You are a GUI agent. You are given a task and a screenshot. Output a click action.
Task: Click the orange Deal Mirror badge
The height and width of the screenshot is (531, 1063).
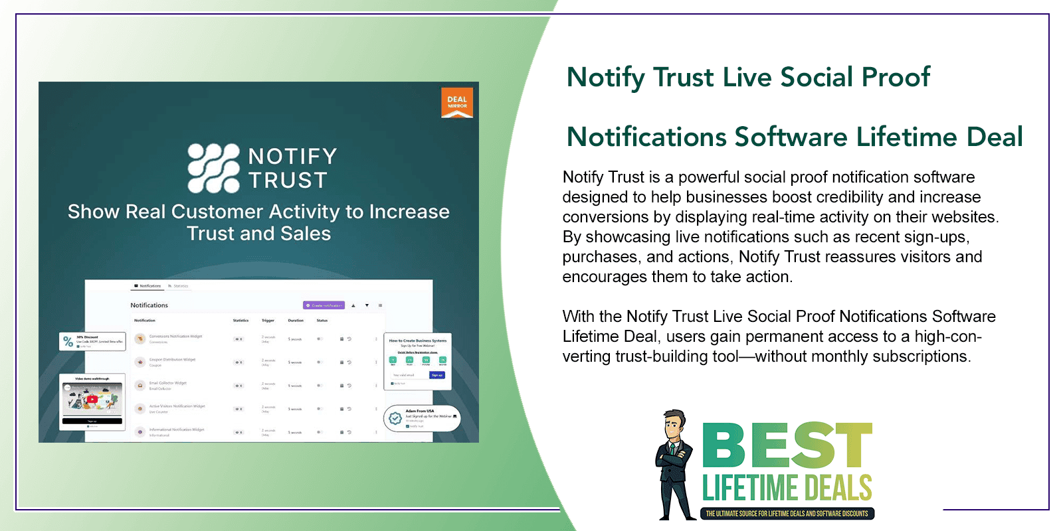pyautogui.click(x=457, y=103)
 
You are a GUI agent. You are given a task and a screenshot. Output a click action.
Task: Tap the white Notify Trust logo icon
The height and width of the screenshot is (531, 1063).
pyautogui.click(x=213, y=168)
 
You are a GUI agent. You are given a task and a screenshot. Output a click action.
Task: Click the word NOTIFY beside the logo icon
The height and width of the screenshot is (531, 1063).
pyautogui.click(x=292, y=157)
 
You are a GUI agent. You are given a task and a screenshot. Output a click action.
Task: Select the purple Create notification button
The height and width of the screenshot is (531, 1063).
pyautogui.click(x=324, y=305)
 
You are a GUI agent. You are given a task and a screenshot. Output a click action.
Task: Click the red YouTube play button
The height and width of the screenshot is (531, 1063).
pyautogui.click(x=92, y=400)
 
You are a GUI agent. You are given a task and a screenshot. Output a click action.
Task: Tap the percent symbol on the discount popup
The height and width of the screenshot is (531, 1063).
pyautogui.click(x=68, y=342)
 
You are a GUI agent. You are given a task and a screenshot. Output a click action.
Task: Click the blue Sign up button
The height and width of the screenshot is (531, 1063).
pyautogui.click(x=436, y=375)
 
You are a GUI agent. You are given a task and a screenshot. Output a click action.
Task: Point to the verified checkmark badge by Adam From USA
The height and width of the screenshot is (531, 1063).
pyautogui.click(x=395, y=418)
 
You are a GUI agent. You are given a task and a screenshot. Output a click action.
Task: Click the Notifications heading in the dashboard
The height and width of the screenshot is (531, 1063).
pyautogui.click(x=149, y=305)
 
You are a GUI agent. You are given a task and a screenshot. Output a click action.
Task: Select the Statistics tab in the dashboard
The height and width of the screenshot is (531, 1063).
pyautogui.click(x=180, y=286)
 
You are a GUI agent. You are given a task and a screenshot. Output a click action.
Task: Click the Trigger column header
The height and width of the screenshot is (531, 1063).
pyautogui.click(x=268, y=321)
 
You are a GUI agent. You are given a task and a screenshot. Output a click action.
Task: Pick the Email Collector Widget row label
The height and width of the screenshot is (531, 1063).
pyautogui.click(x=167, y=383)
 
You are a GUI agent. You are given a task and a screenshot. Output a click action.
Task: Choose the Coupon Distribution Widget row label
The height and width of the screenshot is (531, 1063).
pyautogui.click(x=172, y=360)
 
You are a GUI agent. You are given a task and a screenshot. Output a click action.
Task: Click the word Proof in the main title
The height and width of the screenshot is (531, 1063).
pyautogui.click(x=896, y=78)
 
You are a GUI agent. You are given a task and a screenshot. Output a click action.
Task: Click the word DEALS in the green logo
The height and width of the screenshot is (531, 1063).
pyautogui.click(x=838, y=489)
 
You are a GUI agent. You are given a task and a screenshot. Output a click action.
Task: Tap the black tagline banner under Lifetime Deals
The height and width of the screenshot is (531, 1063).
pyautogui.click(x=787, y=514)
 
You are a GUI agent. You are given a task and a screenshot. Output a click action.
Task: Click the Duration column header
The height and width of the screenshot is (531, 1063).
pyautogui.click(x=296, y=321)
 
